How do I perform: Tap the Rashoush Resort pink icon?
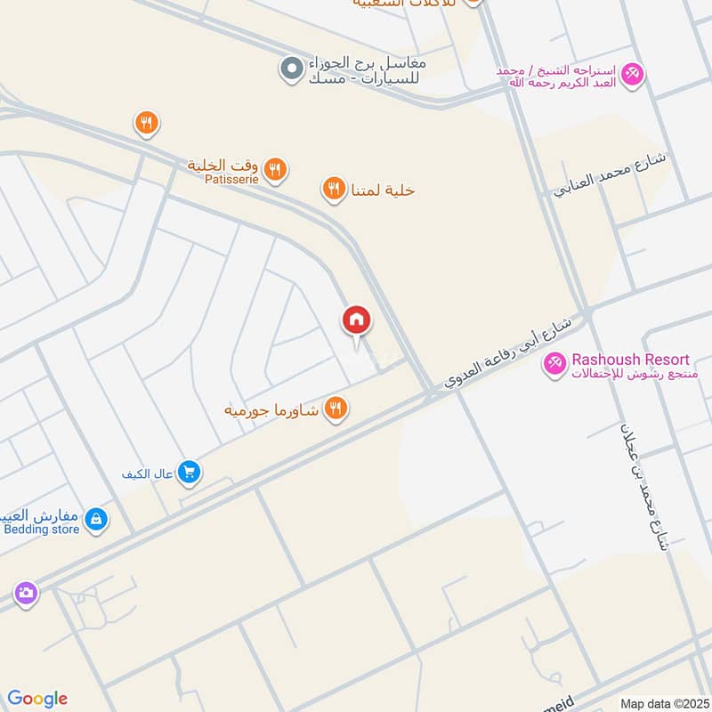click(555, 363)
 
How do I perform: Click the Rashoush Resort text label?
click(630, 360)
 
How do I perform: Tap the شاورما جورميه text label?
click(272, 410)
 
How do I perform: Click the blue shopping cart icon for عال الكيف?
click(188, 473)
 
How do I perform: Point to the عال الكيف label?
click(147, 473)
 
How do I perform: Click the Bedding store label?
click(42, 530)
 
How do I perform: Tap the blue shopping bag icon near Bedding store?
click(96, 520)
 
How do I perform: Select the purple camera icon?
click(26, 592)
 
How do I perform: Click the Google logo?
click(37, 699)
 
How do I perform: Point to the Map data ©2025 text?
click(663, 703)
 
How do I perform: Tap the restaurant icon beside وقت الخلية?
click(276, 168)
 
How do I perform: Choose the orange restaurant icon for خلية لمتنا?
click(333, 188)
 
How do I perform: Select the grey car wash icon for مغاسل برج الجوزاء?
click(291, 69)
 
